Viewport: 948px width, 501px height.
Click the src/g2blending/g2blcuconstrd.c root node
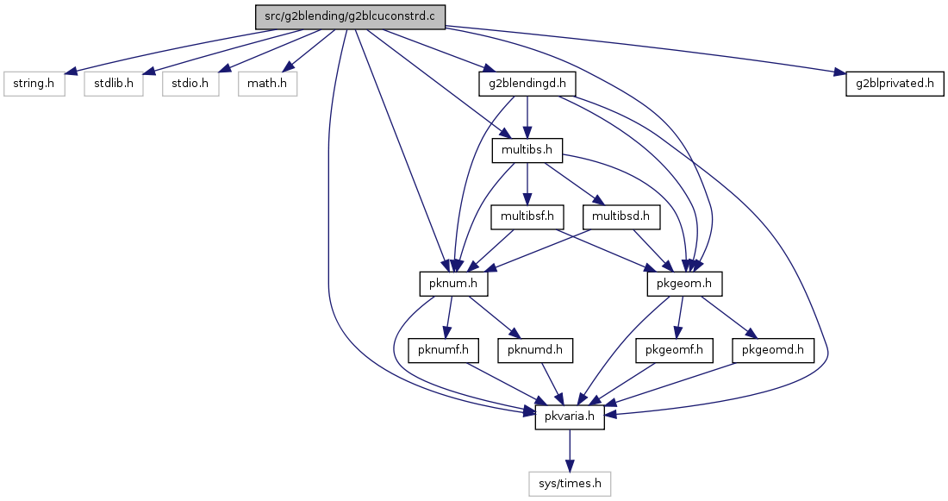350,17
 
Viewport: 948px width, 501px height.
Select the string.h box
34,84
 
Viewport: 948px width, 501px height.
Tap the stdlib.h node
114,84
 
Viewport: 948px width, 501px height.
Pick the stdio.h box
190,84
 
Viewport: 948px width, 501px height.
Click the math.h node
267,84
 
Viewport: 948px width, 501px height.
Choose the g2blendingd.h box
527,84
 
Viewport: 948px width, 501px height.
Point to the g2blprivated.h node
895,84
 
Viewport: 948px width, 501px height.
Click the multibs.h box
527,150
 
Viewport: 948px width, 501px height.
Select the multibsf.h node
527,216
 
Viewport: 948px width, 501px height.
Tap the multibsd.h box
621,216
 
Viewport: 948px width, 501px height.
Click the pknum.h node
453,284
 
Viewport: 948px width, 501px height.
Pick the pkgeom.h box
684,284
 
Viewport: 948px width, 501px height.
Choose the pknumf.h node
444,350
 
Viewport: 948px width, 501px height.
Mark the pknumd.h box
535,350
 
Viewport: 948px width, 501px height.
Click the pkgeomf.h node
674,350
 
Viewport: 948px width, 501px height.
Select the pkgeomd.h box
773,350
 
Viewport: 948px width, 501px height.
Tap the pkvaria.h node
570,417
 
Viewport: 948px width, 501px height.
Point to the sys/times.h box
570,484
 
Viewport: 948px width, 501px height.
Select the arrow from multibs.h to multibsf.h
527,184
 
